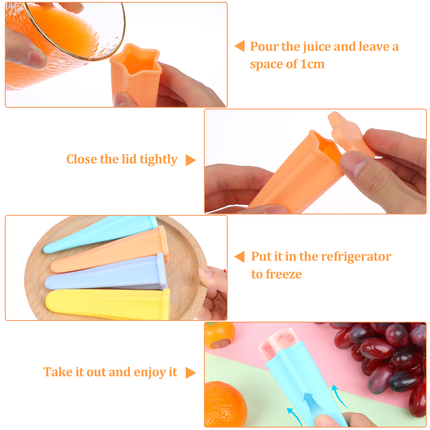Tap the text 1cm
(x=312, y=64)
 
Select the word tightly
(x=159, y=160)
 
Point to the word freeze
(x=284, y=274)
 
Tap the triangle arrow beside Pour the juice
(x=239, y=46)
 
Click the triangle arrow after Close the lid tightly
(x=191, y=160)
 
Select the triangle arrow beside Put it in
(x=239, y=256)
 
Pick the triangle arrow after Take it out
(x=191, y=373)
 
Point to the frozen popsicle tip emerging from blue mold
(x=278, y=341)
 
